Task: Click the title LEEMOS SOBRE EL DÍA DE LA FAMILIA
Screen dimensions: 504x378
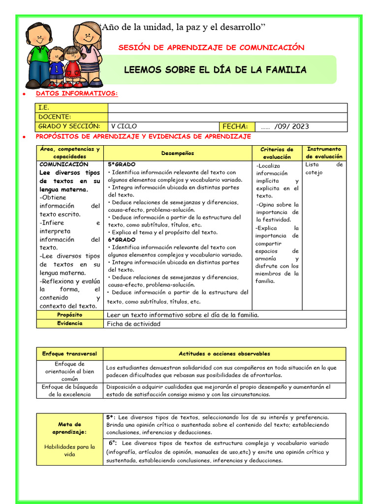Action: [215, 70]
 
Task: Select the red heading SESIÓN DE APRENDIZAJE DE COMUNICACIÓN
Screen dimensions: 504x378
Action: [212, 48]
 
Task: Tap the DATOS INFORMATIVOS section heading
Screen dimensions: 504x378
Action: [77, 94]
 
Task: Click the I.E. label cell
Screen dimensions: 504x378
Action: [71, 108]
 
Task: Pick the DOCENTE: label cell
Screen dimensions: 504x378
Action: [71, 117]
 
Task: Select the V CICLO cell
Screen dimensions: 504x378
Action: [163, 126]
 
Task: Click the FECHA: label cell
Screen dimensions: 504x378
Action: [237, 126]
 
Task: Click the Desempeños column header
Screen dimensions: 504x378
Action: [178, 153]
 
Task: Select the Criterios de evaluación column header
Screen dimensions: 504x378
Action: [277, 153]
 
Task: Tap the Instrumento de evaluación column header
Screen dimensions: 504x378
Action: [324, 153]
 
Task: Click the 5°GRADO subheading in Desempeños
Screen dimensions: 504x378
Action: [122, 164]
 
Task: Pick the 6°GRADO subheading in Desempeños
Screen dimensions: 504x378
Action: [122, 240]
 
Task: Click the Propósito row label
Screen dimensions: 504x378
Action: [69, 315]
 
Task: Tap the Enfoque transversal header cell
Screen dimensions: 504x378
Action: [69, 354]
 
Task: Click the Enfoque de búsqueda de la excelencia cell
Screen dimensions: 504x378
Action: [69, 390]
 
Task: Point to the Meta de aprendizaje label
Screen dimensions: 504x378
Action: [69, 428]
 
